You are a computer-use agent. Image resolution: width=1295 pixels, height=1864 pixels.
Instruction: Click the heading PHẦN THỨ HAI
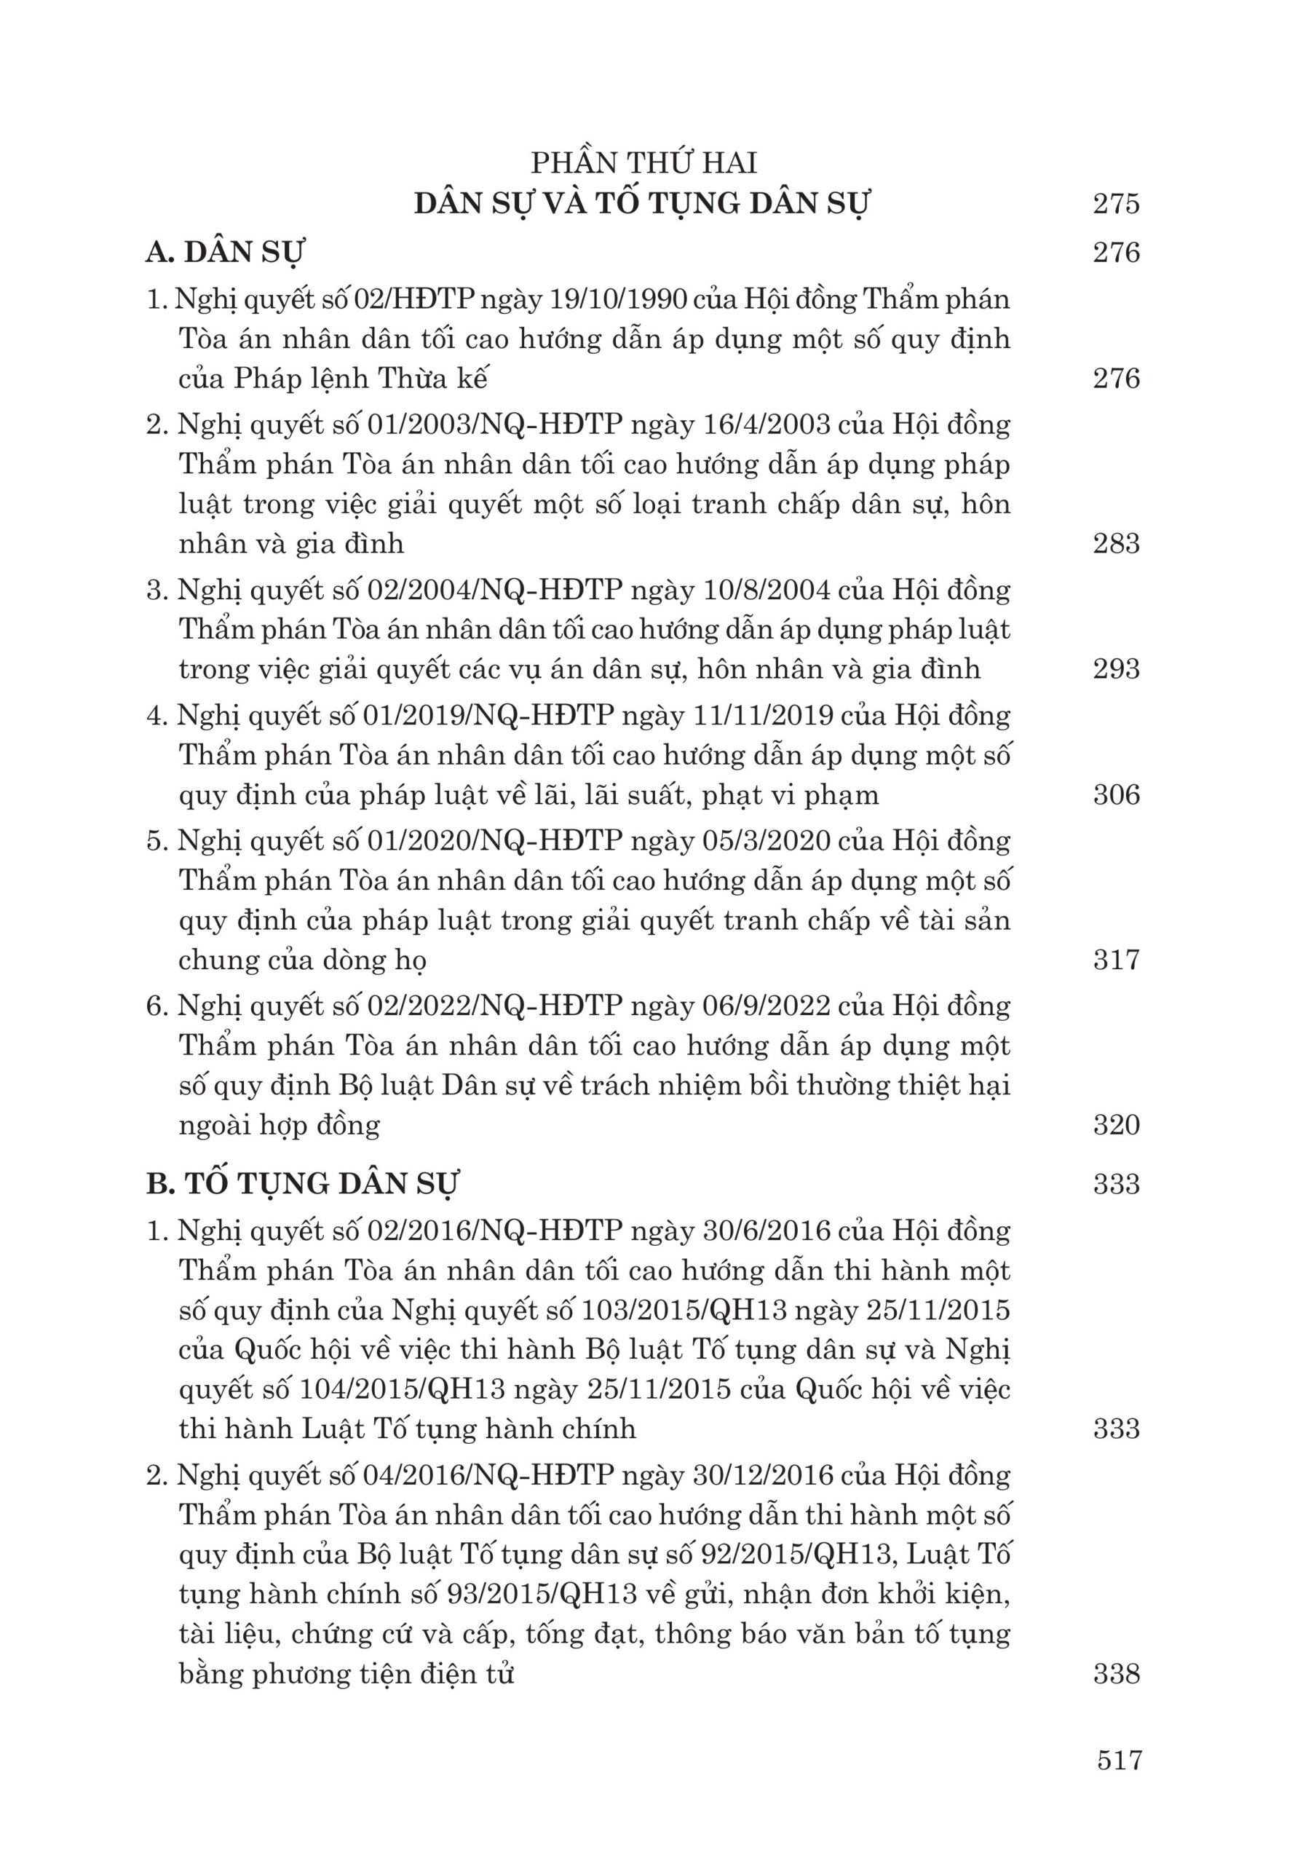[x=643, y=163]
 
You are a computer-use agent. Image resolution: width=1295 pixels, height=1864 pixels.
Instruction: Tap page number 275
[x=1117, y=203]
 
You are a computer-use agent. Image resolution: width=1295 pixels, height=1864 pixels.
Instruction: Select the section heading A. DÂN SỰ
[x=225, y=253]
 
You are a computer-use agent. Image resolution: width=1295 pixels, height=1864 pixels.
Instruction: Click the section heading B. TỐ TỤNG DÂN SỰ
[x=303, y=1184]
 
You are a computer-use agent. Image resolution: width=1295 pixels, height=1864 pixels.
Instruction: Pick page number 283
[x=1117, y=543]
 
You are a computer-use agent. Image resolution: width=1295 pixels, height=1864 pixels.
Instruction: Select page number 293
[x=1117, y=668]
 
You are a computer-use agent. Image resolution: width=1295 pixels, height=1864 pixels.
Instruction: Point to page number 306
[x=1117, y=794]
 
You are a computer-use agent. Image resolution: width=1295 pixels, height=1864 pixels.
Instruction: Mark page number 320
[x=1117, y=1125]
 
